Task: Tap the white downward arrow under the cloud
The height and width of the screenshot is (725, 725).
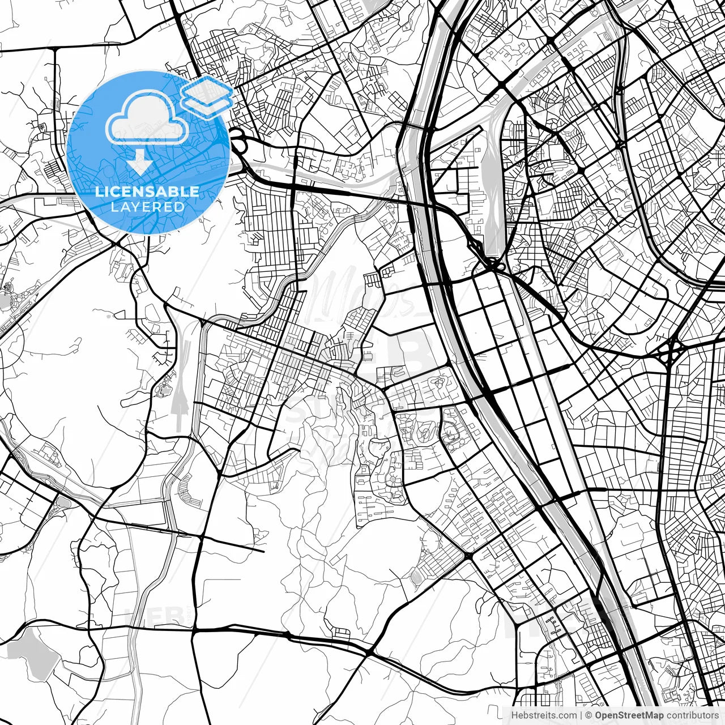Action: [140, 163]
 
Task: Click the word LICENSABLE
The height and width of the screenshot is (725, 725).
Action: [147, 191]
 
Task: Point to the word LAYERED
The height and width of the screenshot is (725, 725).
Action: [147, 207]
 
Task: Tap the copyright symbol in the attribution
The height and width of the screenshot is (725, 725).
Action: [589, 715]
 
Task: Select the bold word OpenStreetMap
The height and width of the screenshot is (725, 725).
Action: [629, 715]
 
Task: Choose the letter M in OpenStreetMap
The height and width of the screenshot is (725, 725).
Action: [651, 715]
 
